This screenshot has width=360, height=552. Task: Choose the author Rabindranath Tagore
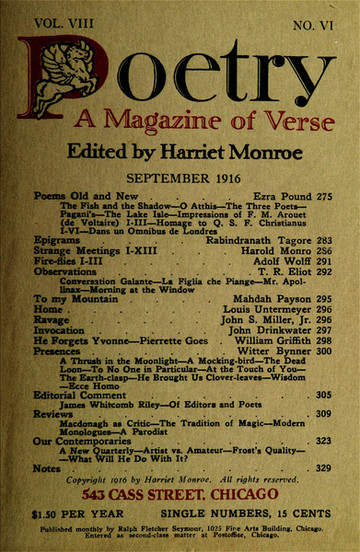pyautogui.click(x=247, y=268)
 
